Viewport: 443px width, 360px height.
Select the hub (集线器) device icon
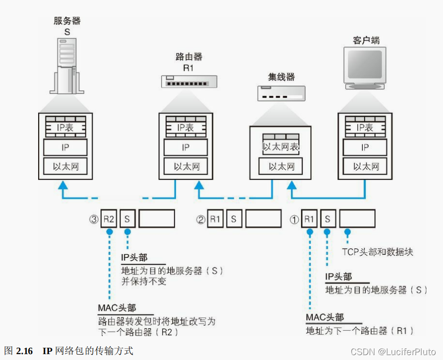tap(282, 92)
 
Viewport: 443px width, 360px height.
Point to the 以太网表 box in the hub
tap(281, 146)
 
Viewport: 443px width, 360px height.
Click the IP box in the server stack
tap(65, 147)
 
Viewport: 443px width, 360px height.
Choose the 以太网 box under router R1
tap(186, 167)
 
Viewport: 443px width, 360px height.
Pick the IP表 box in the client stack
tap(365, 128)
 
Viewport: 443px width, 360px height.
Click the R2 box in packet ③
tap(109, 219)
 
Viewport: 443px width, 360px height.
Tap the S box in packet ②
tap(234, 219)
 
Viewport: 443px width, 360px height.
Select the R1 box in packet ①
tap(309, 219)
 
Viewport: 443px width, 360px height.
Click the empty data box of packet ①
tap(357, 219)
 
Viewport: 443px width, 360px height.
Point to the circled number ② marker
tap(200, 220)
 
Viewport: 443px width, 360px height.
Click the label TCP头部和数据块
tap(377, 252)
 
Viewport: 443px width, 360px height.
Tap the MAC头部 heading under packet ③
tap(117, 308)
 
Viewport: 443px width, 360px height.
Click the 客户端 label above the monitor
tap(366, 40)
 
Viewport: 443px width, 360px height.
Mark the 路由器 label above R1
tap(189, 56)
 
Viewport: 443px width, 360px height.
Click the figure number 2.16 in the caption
tap(24, 351)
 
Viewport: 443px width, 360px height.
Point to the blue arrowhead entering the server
tap(63, 185)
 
